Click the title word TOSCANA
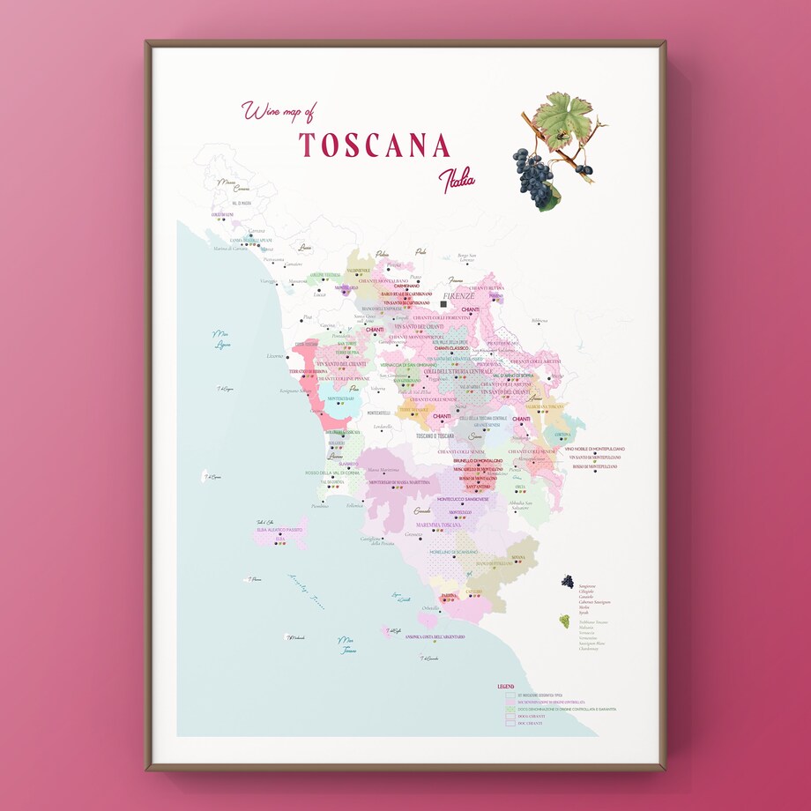(375, 145)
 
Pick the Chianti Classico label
(451, 349)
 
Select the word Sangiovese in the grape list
(588, 585)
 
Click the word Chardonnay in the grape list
(590, 648)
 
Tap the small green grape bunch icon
(564, 621)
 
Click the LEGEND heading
(506, 685)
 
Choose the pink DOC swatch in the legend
(510, 701)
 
